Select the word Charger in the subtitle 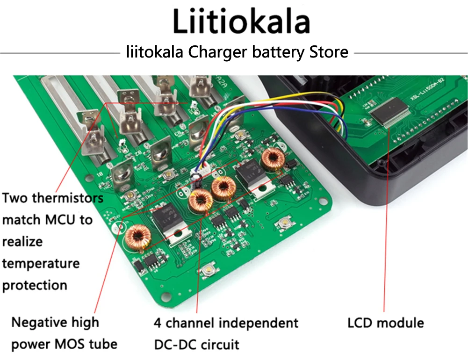point(217,52)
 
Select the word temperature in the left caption point(41,263)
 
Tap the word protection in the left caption point(35,285)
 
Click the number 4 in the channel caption point(158,323)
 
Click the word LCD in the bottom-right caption point(360,323)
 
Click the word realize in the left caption point(22,241)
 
